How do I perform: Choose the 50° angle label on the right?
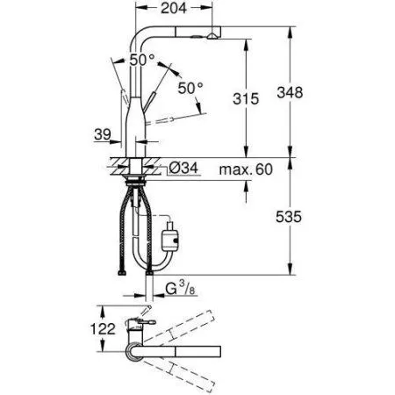(x=189, y=87)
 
